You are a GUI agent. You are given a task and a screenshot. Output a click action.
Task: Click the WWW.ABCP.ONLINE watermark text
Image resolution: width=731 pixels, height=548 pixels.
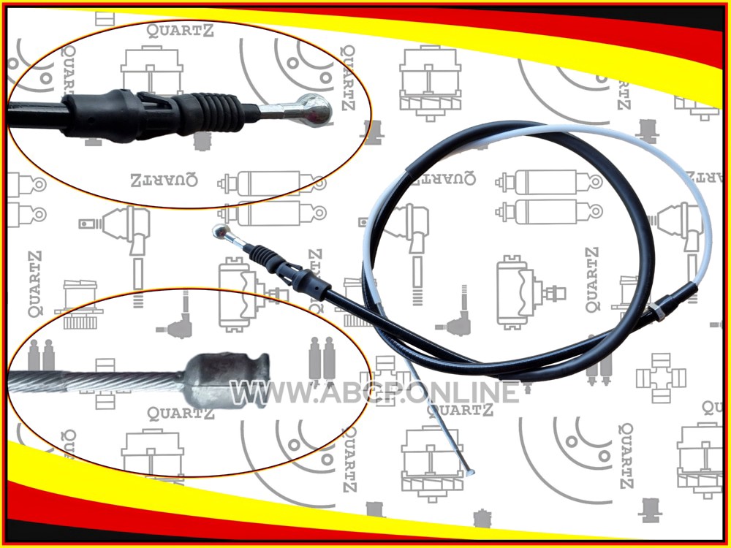(x=374, y=392)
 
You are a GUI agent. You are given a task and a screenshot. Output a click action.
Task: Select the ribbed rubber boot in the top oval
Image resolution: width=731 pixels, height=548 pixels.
(x=217, y=113)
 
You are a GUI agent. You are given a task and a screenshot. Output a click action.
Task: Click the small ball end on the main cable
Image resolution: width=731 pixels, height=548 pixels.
(x=220, y=231)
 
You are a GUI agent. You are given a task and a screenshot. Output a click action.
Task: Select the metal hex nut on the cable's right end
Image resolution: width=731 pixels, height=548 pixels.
(x=657, y=311)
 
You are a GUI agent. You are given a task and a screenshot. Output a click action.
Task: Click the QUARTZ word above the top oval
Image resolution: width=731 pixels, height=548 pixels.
(x=181, y=30)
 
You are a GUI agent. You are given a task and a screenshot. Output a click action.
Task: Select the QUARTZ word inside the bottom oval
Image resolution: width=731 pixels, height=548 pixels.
(x=181, y=414)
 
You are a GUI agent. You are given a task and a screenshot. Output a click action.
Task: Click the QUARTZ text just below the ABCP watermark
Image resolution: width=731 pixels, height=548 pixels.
(x=460, y=410)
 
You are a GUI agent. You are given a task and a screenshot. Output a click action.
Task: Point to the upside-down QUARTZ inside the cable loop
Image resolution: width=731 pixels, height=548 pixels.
(x=442, y=178)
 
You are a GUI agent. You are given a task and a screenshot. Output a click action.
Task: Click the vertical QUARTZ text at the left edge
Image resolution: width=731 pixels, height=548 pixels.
(x=35, y=284)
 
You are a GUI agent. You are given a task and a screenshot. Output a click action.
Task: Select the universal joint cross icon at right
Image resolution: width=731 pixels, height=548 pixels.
(x=661, y=378)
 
